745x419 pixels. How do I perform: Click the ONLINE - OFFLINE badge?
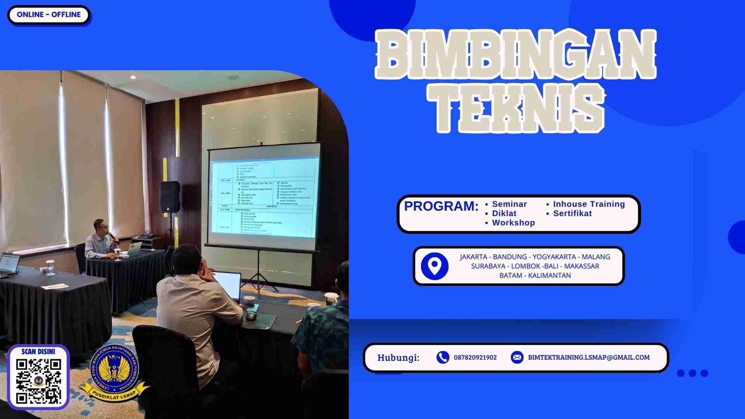tap(49, 15)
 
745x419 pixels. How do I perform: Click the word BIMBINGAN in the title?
tap(516, 54)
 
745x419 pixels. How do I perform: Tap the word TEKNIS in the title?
tap(516, 109)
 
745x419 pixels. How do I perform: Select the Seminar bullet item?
tap(509, 204)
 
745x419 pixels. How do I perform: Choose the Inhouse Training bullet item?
tap(589, 204)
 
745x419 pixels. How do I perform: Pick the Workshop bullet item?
tap(513, 223)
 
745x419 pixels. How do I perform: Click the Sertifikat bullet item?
tap(572, 213)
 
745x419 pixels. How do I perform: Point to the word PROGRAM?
tap(441, 206)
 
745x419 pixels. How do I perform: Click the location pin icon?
tap(435, 266)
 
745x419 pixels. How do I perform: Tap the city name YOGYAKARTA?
tap(554, 257)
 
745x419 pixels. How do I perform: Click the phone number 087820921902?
tap(475, 357)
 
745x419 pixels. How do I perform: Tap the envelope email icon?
tap(517, 357)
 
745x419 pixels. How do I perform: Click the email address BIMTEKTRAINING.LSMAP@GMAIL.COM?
tap(588, 357)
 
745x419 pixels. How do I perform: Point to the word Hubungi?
tap(398, 357)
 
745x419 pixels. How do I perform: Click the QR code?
tap(38, 381)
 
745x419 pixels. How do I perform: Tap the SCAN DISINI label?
tap(38, 351)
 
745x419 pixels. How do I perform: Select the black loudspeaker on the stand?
tap(169, 197)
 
